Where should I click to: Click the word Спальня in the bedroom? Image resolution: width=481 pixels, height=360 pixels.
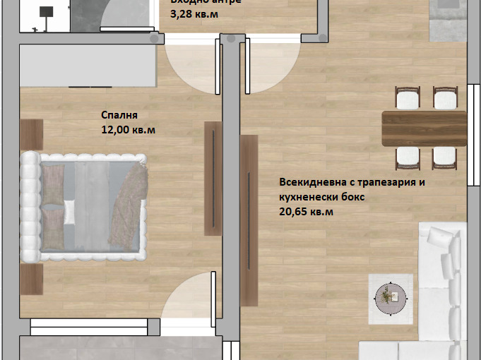tap(119, 116)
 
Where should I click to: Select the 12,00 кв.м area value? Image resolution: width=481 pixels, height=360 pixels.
tap(129, 130)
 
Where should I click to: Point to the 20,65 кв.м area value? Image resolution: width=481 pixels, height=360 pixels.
tap(306, 211)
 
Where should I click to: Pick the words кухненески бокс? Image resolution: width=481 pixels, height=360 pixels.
tap(321, 197)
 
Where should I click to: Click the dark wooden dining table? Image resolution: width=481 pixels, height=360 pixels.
tap(424, 128)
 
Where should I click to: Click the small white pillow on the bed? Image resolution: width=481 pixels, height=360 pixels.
tap(70, 209)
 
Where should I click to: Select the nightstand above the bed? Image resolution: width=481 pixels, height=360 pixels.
tap(32, 133)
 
